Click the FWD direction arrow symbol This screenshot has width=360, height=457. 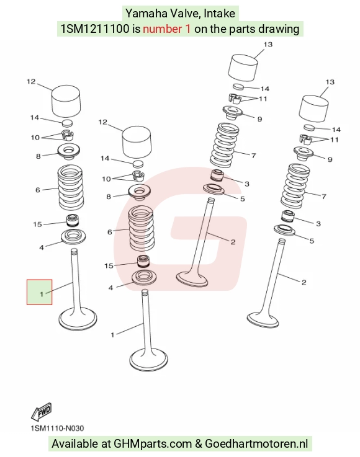click(42, 411)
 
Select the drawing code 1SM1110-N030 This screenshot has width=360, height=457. click(57, 428)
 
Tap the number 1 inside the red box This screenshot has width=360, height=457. click(42, 294)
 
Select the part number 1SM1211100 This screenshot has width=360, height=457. click(94, 29)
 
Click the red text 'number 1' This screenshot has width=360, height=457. click(166, 29)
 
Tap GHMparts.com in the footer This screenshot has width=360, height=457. click(153, 443)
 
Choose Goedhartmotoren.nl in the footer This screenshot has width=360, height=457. click(256, 443)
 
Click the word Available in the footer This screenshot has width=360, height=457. click(76, 443)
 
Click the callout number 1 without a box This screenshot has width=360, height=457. click(112, 335)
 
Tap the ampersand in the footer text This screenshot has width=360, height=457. click(199, 443)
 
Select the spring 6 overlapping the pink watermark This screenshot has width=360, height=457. click(141, 228)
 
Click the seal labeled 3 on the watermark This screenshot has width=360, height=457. click(218, 175)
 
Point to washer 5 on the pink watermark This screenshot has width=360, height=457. click(214, 189)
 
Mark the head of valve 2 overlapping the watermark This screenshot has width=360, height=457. click(192, 279)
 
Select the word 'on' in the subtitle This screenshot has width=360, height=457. click(200, 29)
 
